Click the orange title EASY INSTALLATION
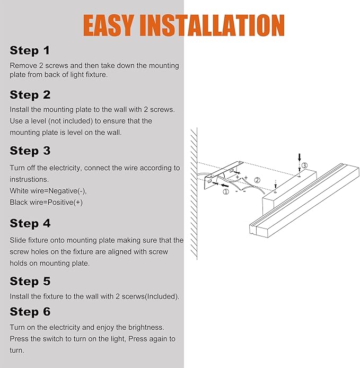[183, 25]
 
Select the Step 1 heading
[30, 51]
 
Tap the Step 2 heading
[30, 95]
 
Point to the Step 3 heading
[30, 151]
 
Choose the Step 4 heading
[30, 223]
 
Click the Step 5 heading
[30, 281]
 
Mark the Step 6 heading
[30, 312]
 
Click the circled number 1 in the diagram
[225, 192]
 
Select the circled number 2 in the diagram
[257, 180]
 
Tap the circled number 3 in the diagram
[304, 165]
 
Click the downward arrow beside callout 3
[300, 157]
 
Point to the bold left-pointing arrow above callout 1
[225, 186]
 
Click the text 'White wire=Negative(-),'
[48, 191]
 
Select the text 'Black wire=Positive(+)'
[46, 202]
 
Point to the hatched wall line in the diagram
[194, 194]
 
